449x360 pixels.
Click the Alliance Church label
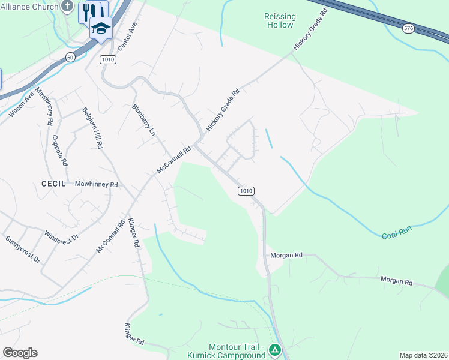[x=29, y=7]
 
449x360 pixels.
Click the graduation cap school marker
[x=101, y=28]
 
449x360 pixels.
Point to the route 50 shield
[x=70, y=57]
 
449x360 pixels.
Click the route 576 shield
[x=408, y=28]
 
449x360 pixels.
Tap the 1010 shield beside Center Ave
[x=108, y=59]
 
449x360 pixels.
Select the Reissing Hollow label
[x=279, y=20]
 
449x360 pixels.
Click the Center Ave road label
[x=128, y=37]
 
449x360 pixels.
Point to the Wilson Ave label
[x=22, y=104]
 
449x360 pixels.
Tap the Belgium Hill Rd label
[x=92, y=129]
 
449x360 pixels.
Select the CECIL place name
[x=53, y=184]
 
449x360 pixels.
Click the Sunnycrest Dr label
[x=23, y=250]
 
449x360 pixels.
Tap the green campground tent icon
[x=274, y=349]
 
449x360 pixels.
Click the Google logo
[x=20, y=353]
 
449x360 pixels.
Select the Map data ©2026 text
[x=423, y=355]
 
